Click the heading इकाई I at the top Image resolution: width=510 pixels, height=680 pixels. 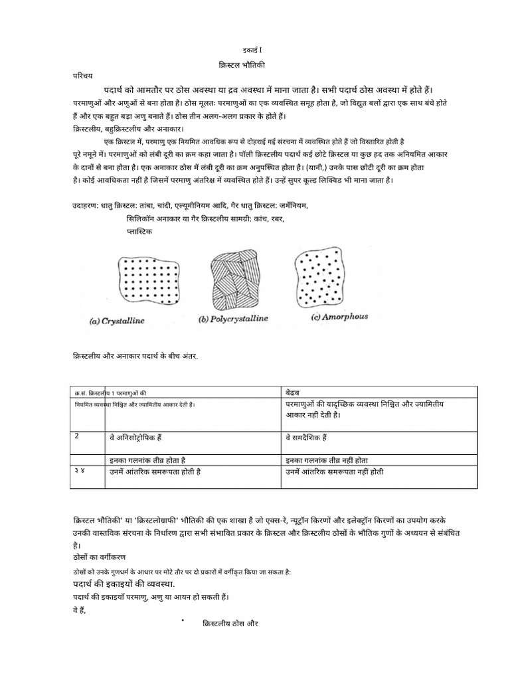tap(254, 50)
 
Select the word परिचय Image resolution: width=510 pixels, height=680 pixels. tap(81, 76)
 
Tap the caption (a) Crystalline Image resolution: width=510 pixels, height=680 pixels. tap(117, 321)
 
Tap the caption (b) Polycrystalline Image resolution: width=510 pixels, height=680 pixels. tap(233, 319)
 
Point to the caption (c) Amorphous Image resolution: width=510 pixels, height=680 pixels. tap(339, 317)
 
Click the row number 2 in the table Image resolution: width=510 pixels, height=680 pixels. tap(77, 436)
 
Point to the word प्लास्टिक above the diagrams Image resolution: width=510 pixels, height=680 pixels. tap(139, 231)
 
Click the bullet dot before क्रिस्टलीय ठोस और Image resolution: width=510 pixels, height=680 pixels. tap(181, 620)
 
